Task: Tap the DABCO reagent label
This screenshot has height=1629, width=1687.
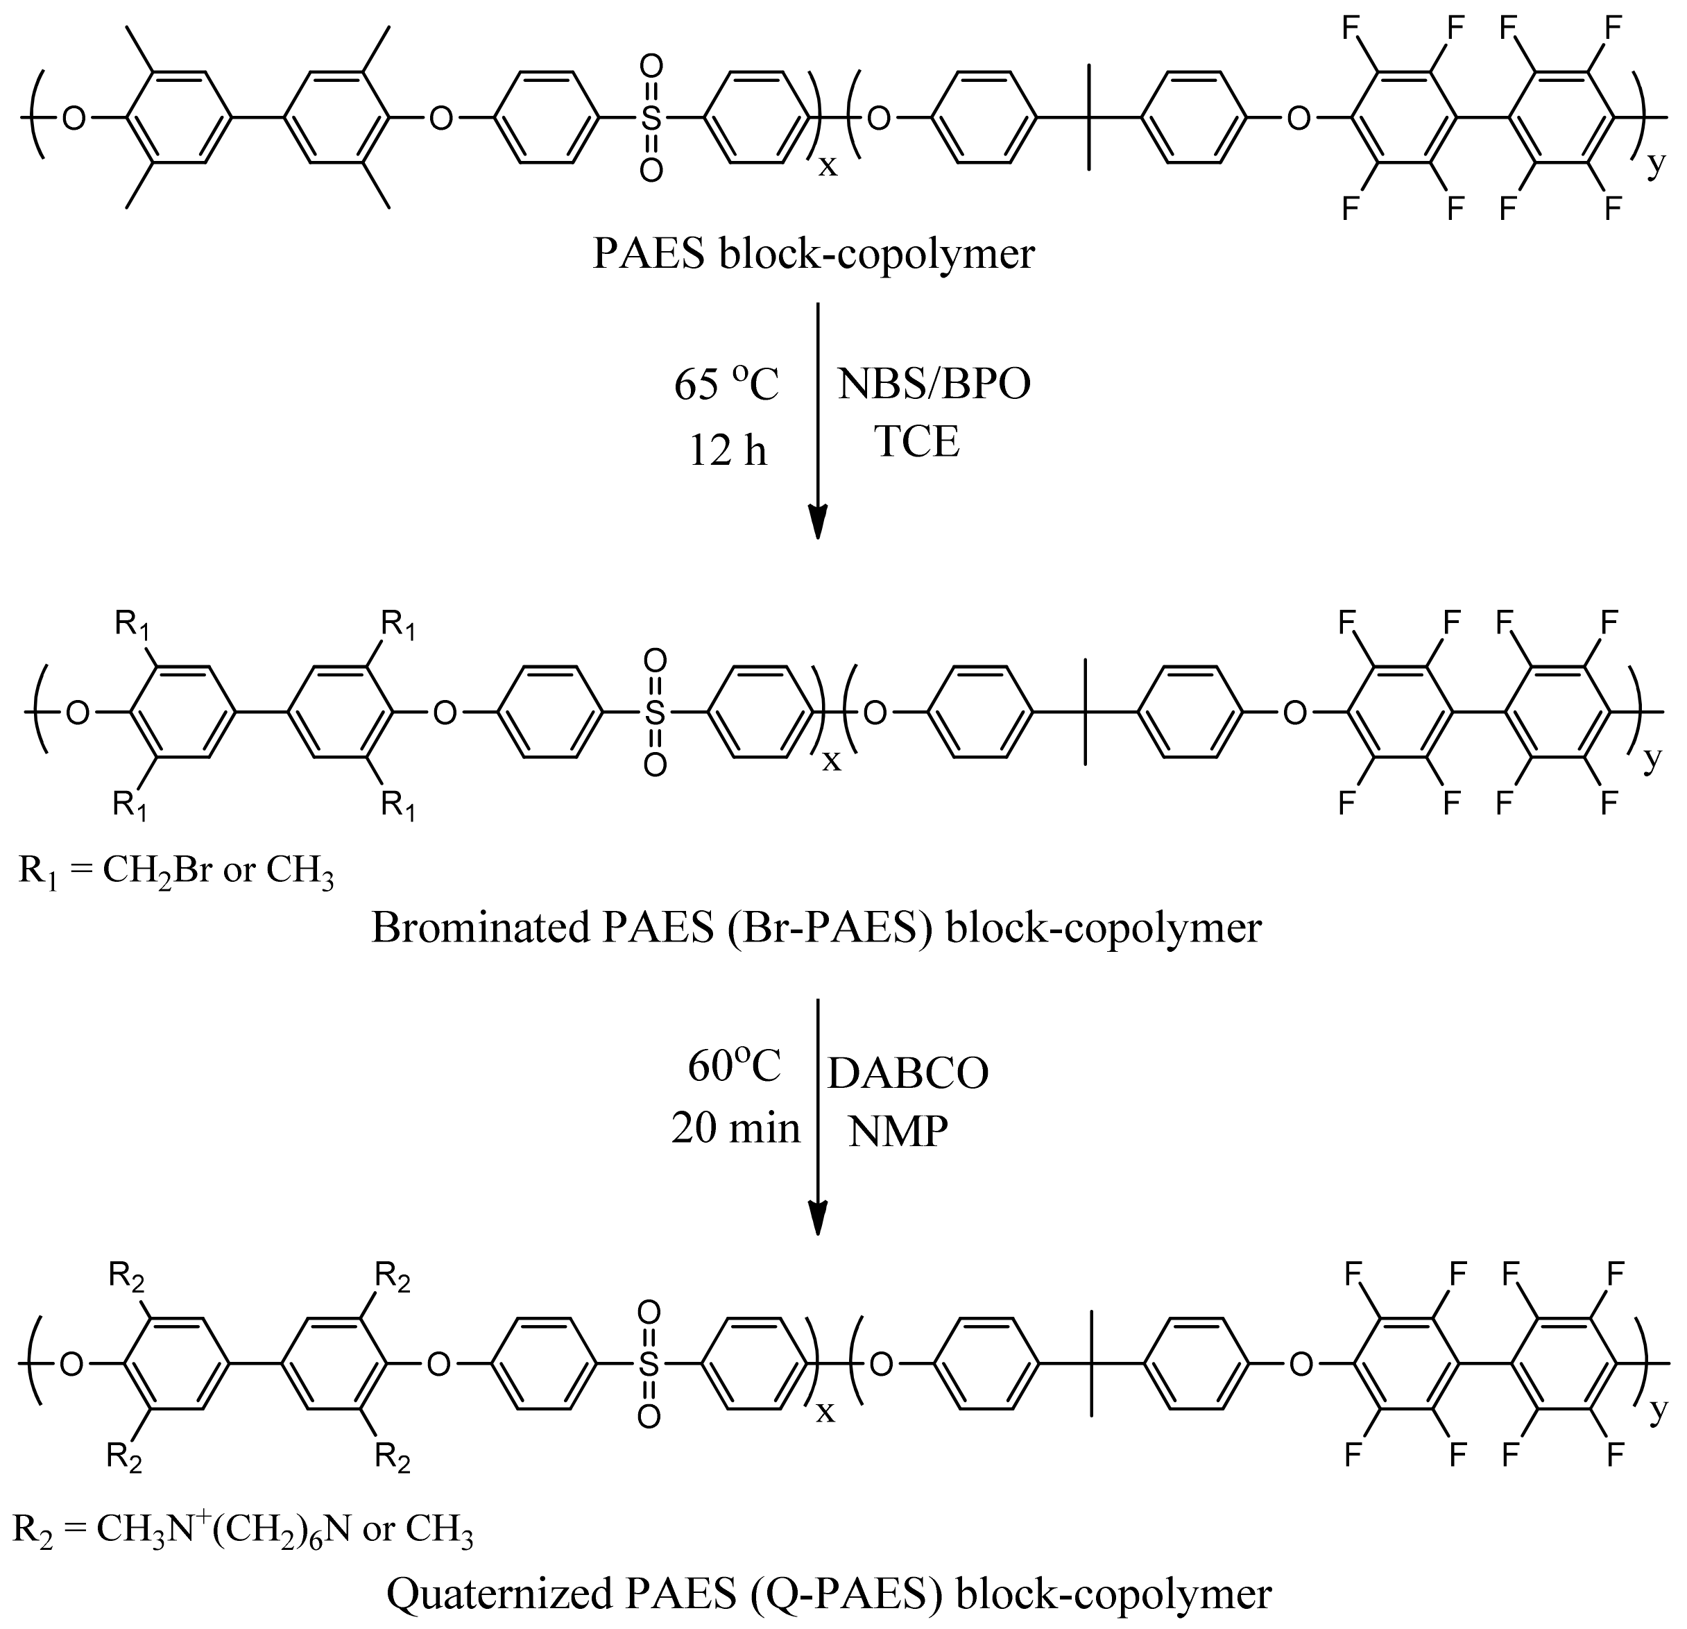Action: [908, 1074]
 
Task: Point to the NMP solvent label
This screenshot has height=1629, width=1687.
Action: [898, 1130]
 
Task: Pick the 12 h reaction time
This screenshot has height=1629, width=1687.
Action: [727, 450]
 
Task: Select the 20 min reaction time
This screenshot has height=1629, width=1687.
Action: [735, 1129]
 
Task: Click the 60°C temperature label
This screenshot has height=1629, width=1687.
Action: [734, 1068]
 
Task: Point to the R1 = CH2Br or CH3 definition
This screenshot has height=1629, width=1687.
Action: [175, 871]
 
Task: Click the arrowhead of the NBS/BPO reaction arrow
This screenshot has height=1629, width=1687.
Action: [818, 522]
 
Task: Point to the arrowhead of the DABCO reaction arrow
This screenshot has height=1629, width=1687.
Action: [818, 1218]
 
